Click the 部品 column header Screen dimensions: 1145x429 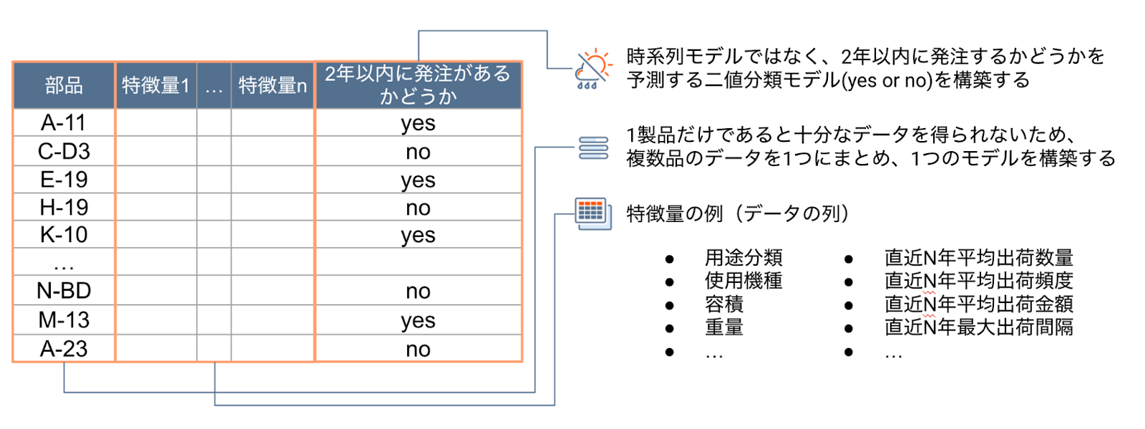point(64,85)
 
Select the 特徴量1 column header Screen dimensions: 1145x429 point(156,85)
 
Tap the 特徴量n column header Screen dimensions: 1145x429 point(273,85)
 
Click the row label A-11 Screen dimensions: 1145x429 point(64,122)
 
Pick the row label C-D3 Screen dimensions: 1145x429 point(64,151)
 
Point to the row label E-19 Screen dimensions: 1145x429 point(64,180)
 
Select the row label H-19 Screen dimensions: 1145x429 point(64,207)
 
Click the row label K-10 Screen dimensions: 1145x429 point(64,235)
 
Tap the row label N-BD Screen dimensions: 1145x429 point(64,291)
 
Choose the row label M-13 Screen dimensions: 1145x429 point(64,320)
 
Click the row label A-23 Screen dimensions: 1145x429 point(64,349)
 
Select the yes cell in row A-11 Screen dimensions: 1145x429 point(418,124)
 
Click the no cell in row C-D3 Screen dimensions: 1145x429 point(418,152)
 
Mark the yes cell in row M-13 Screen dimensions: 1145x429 point(418,321)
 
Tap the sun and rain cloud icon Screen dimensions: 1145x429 point(593,69)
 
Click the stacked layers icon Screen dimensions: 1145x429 point(593,148)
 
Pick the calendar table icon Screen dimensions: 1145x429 point(593,213)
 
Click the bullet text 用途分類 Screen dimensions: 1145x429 point(744,257)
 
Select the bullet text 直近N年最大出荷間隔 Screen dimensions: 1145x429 point(979,327)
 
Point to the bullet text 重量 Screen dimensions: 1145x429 point(724,327)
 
